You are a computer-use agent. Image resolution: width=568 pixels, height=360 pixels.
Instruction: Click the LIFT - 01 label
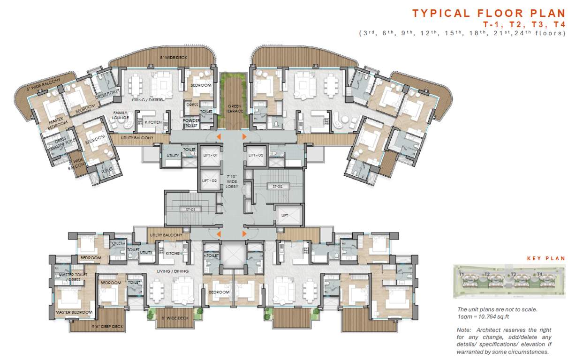(x=208, y=155)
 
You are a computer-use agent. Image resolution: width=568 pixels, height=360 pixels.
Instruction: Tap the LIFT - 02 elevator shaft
(x=208, y=180)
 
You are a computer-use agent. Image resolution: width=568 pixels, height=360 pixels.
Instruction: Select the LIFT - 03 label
(x=256, y=155)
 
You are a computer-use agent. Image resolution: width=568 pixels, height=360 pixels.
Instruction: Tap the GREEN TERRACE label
(x=232, y=109)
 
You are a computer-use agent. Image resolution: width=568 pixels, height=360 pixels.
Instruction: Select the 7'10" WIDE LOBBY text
(x=232, y=180)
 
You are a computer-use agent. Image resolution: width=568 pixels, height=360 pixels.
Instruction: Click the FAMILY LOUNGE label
(x=120, y=115)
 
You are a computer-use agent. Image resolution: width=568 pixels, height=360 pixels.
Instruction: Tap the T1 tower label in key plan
(x=462, y=274)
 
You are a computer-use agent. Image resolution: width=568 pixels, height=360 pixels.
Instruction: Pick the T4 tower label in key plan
(x=539, y=274)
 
